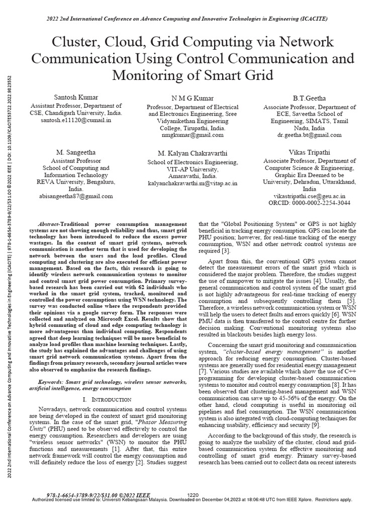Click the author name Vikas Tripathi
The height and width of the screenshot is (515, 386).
point(310,151)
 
